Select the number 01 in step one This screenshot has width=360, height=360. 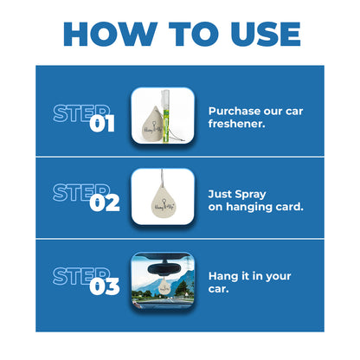click(x=103, y=124)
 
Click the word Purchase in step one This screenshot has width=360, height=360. click(x=232, y=111)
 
